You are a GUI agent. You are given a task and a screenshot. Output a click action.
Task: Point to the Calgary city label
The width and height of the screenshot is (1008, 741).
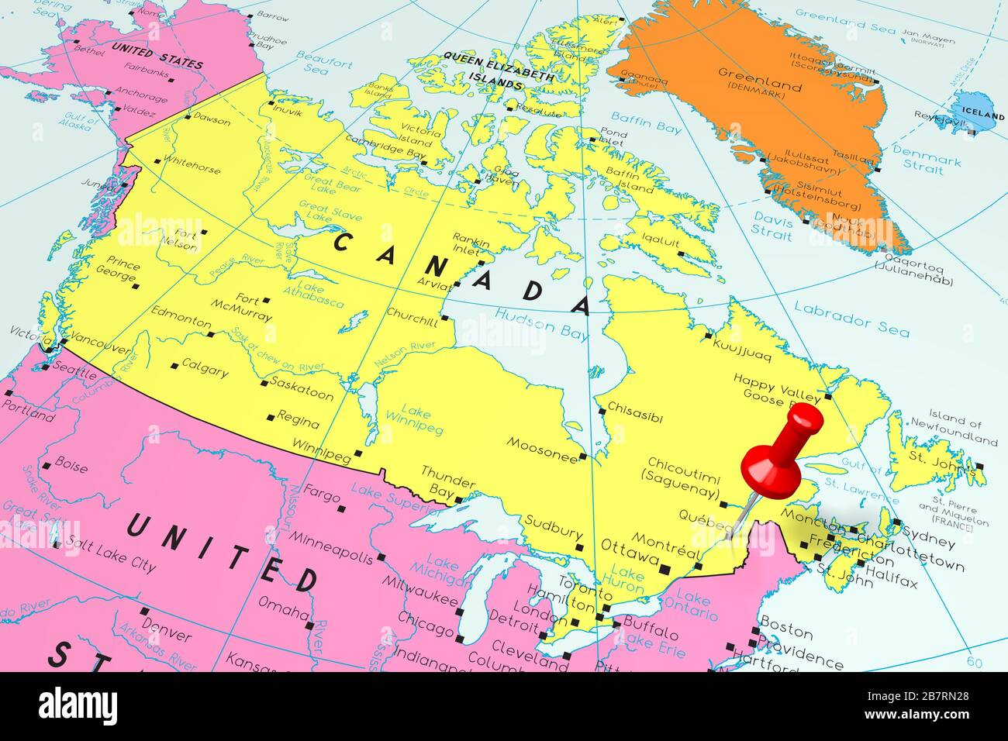tap(205, 370)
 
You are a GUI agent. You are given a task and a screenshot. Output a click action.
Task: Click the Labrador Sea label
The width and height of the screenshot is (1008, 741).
tap(851, 319)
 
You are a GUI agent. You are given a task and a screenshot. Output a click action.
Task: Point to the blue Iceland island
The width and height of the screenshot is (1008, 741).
tap(976, 111)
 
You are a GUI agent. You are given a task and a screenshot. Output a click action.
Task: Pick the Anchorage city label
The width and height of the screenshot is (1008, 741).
tap(141, 95)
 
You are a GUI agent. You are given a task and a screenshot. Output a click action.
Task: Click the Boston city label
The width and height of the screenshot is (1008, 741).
tap(786, 623)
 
